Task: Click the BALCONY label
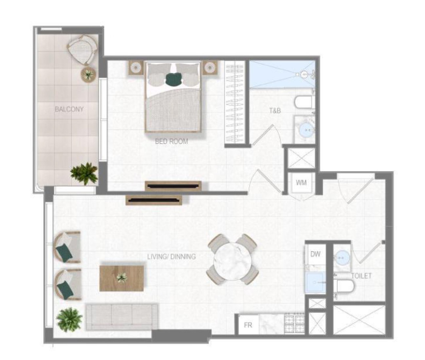[x=69, y=109]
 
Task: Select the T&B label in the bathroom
[x=275, y=111]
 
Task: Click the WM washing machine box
[x=302, y=183]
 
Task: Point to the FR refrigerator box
[x=248, y=325]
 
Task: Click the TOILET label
[x=361, y=276]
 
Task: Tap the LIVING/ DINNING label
[x=172, y=257]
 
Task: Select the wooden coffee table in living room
[x=121, y=279]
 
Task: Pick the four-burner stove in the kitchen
[x=295, y=324]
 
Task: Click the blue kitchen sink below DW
[x=316, y=282]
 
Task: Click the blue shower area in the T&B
[x=282, y=74]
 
